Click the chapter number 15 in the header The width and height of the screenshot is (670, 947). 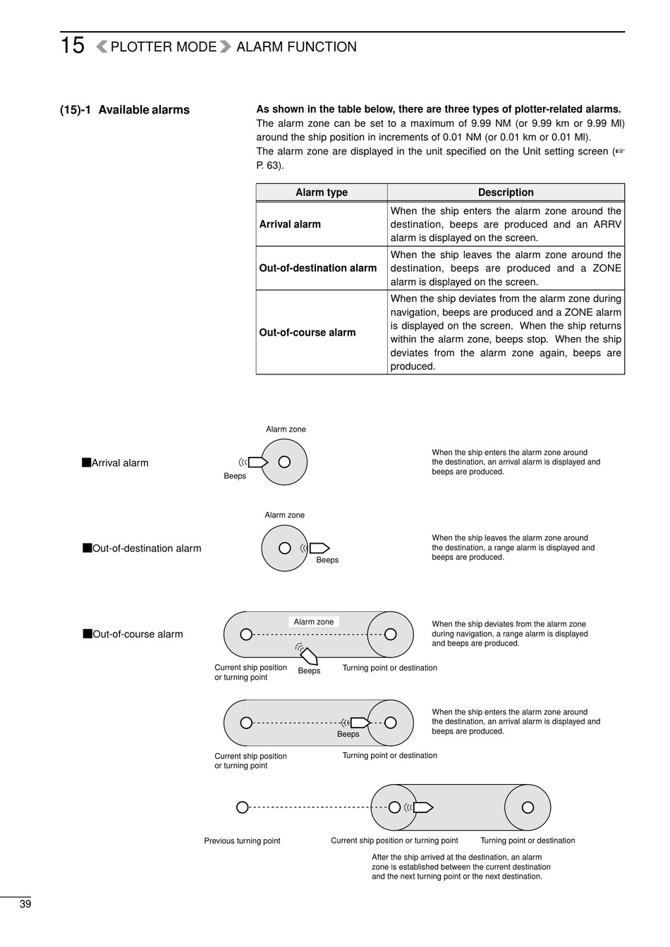72,46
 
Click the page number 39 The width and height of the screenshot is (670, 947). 25,905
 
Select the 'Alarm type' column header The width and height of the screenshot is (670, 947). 321,193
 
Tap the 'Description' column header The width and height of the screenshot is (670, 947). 506,193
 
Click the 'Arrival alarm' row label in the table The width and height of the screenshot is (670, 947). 290,224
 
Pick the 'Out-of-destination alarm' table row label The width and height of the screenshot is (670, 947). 318,268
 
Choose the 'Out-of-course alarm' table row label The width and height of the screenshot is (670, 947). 307,332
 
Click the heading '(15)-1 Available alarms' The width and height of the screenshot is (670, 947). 125,110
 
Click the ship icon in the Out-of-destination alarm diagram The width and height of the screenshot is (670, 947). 319,548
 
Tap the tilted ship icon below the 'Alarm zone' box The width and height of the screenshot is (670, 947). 308,656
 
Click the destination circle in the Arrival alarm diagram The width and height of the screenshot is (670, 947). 284,462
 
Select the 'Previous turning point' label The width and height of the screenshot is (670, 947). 242,841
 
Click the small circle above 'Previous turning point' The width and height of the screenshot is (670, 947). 242,807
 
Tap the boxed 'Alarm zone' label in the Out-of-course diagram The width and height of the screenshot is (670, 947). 314,622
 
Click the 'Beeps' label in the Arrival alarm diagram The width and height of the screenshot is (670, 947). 235,476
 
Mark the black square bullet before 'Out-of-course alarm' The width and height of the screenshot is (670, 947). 87,633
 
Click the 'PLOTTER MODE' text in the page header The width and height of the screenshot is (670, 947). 164,47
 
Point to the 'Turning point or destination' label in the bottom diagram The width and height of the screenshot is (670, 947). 528,841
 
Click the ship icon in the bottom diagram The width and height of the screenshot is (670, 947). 423,807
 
